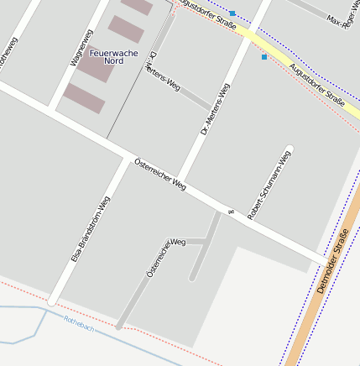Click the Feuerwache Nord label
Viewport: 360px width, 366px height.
[107, 57]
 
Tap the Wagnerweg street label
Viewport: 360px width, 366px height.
[81, 47]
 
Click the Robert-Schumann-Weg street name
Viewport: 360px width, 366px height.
[269, 185]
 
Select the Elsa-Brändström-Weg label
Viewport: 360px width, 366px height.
[91, 228]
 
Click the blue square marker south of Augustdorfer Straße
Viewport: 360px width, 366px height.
[264, 57]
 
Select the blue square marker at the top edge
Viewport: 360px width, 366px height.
[232, 13]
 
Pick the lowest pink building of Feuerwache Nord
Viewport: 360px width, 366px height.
[85, 99]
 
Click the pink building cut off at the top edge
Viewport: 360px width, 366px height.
[137, 6]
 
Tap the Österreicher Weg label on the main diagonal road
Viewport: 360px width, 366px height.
[160, 173]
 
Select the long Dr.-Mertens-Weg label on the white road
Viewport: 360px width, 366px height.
[215, 109]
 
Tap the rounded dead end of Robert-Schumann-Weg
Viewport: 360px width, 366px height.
[290, 149]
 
